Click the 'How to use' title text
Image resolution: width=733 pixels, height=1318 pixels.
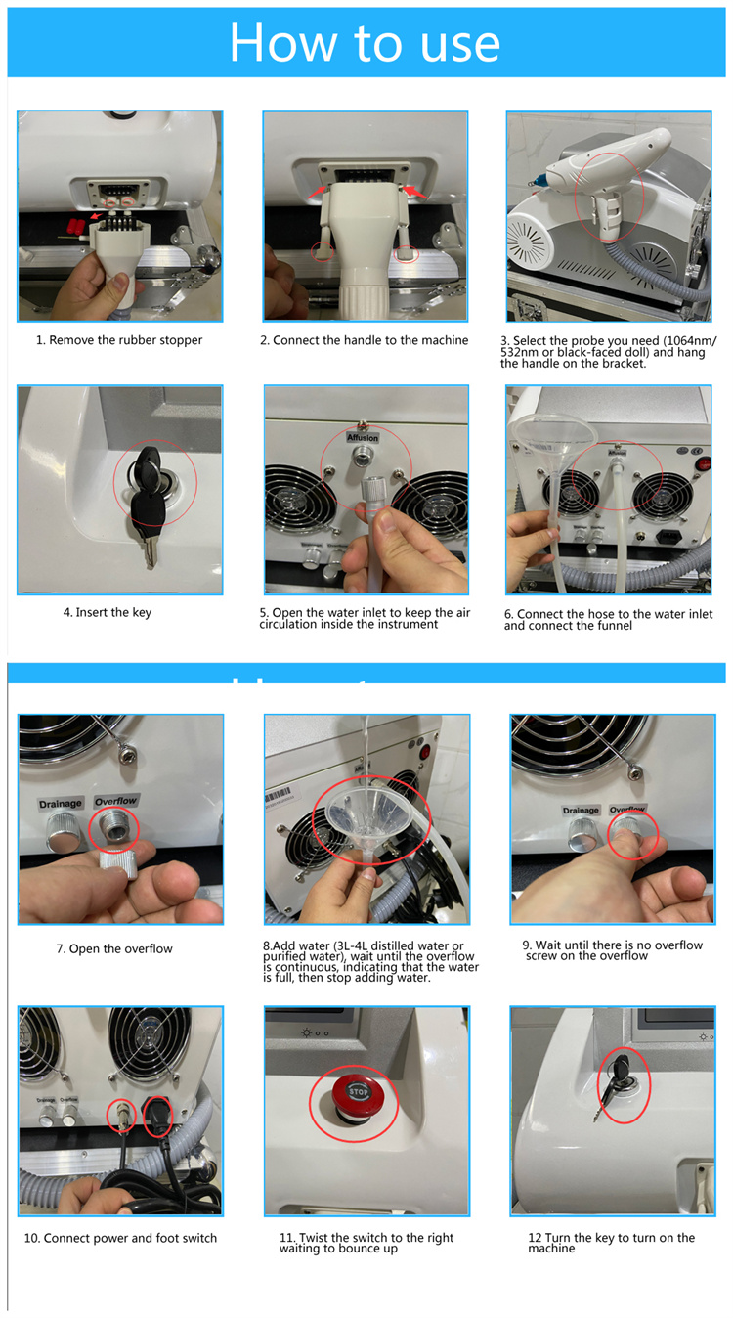pos(365,42)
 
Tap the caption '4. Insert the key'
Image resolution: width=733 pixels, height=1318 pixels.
pos(108,613)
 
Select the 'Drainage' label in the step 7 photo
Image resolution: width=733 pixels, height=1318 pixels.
pos(60,804)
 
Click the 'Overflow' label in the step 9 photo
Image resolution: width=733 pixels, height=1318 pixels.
pos(628,810)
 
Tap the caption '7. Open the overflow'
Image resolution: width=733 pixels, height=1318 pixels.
pos(114,949)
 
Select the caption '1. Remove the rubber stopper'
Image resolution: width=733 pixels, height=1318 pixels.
pos(119,340)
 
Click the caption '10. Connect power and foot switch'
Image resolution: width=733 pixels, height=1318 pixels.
pos(120,1238)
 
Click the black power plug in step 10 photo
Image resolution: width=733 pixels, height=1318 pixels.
pos(158,1116)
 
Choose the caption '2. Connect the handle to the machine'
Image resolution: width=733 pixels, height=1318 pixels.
pos(361,340)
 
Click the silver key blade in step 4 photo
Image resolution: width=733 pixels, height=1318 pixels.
pos(149,552)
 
